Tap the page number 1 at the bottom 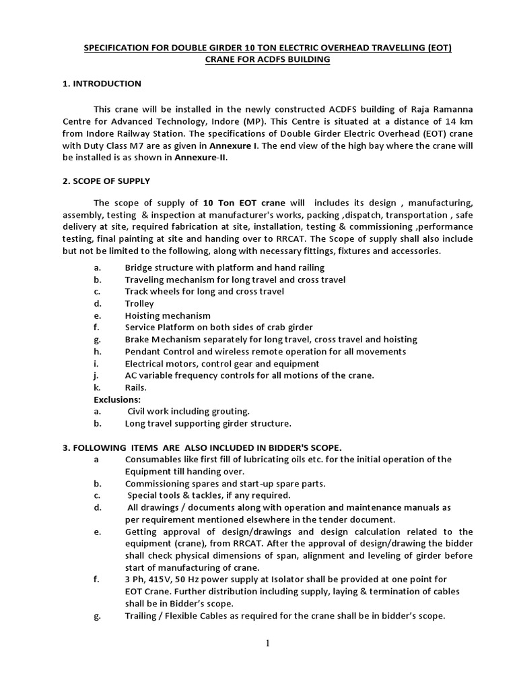[267, 643]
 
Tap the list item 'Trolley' [139, 304]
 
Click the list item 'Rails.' [136, 387]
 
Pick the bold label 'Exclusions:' [117, 400]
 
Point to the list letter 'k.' [98, 387]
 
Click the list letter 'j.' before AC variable [97, 375]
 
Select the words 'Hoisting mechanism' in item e [168, 315]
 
